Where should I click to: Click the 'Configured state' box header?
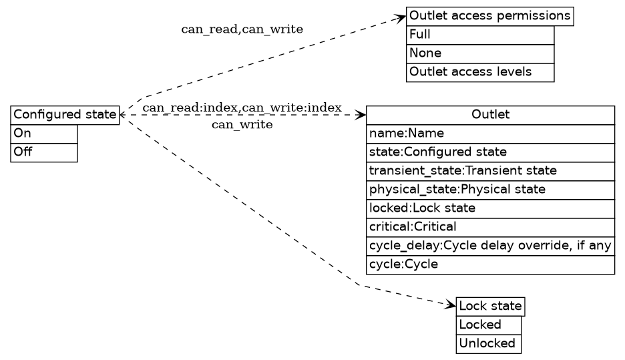point(65,115)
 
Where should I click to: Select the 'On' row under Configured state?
point(44,134)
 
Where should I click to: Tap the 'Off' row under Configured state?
point(44,152)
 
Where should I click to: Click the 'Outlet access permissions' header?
point(490,16)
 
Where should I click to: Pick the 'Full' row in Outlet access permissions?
point(480,35)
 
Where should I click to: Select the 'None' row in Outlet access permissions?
point(480,53)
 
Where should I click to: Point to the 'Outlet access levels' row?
point(480,72)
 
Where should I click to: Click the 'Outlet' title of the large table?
point(490,115)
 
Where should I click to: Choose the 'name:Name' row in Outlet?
point(490,134)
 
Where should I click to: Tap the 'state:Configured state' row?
point(490,152)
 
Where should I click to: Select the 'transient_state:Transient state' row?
point(490,171)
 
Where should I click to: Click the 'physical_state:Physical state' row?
point(490,190)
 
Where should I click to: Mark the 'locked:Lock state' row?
point(490,208)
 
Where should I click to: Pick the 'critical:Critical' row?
point(490,227)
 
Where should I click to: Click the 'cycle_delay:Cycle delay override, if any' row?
point(490,246)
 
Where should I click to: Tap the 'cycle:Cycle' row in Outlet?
point(490,264)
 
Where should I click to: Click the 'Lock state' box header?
point(490,307)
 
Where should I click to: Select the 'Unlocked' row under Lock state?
point(488,344)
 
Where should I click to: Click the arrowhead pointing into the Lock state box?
point(451,305)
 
